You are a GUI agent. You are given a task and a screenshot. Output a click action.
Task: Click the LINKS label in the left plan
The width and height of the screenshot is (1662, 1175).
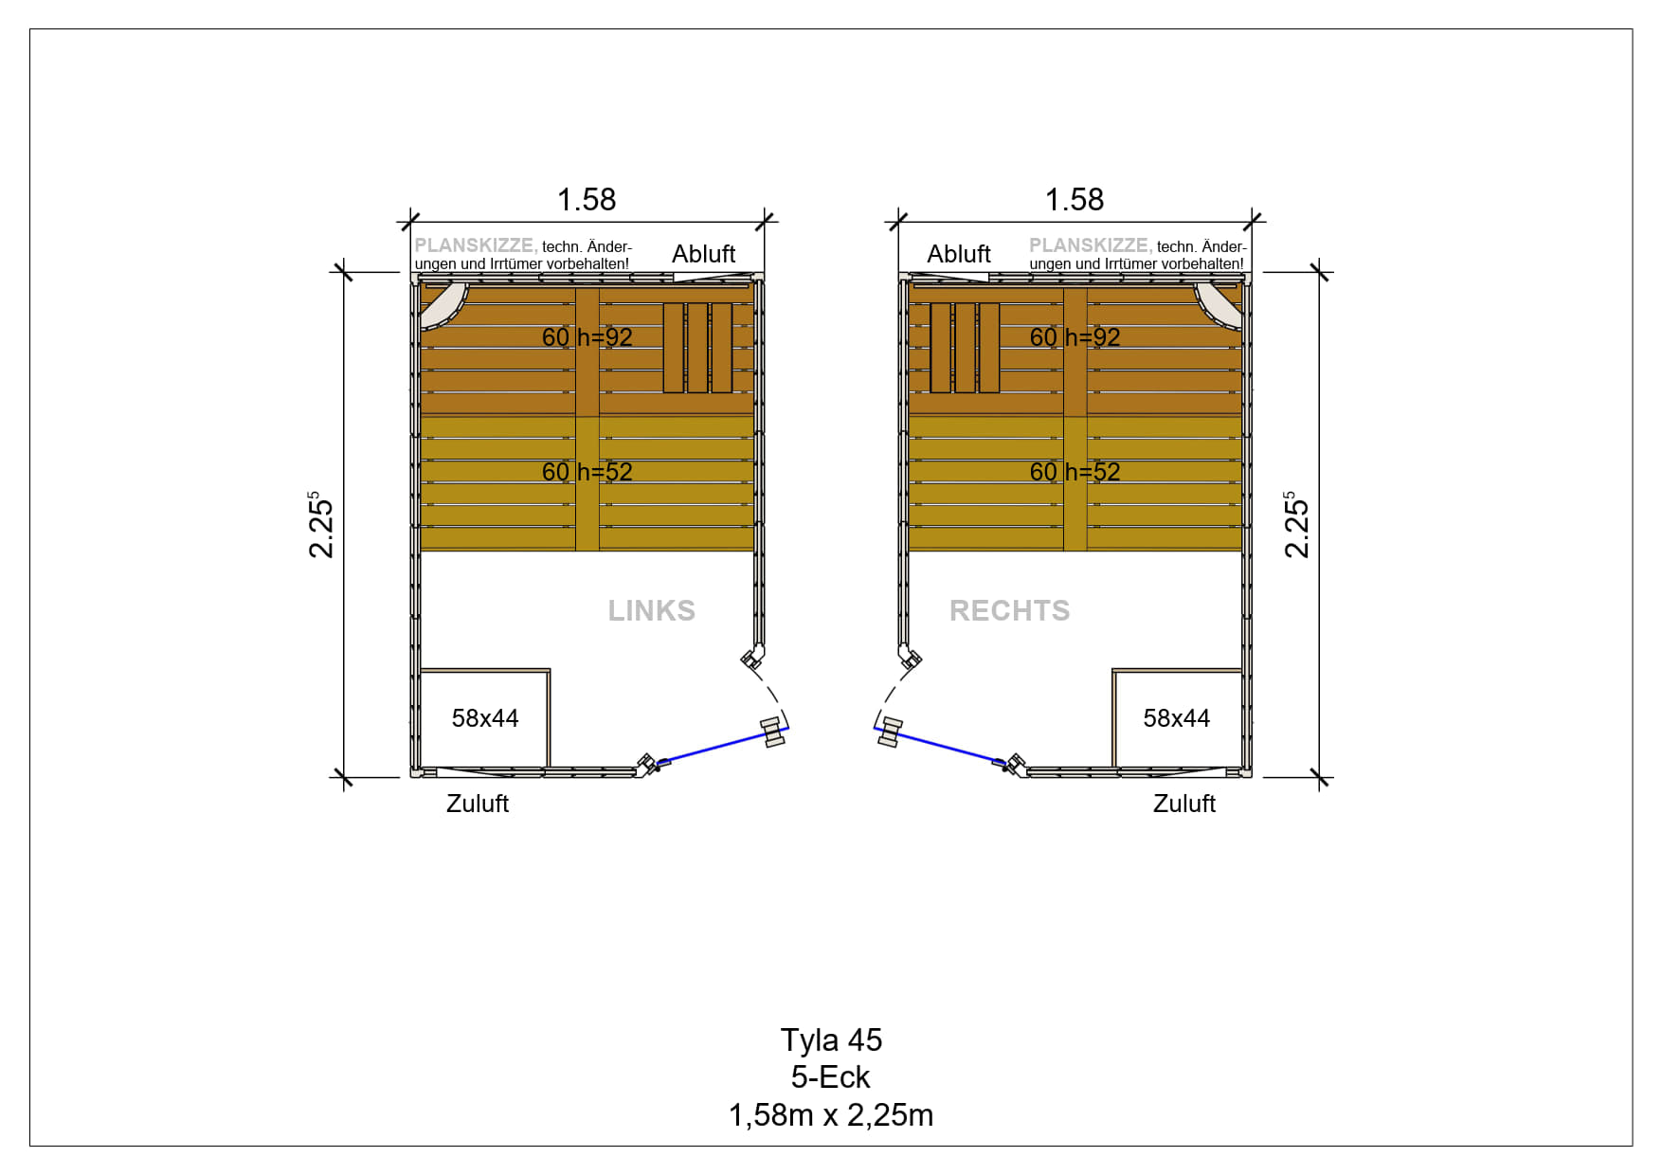(652, 610)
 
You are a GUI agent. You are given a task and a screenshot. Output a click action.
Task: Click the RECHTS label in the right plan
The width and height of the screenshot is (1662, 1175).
(1010, 610)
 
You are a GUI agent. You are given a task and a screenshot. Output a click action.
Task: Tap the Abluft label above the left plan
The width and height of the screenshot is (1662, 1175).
(704, 254)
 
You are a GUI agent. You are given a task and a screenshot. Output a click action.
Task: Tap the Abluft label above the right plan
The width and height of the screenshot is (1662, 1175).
(959, 254)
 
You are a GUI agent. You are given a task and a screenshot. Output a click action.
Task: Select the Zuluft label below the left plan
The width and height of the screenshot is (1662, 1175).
(478, 804)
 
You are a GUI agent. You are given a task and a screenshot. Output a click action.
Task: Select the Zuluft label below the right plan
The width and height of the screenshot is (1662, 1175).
(1184, 804)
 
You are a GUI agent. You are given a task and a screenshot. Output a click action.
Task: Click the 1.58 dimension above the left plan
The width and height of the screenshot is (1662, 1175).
(587, 199)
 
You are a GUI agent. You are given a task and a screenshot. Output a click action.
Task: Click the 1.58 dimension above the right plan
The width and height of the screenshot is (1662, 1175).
(1075, 199)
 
